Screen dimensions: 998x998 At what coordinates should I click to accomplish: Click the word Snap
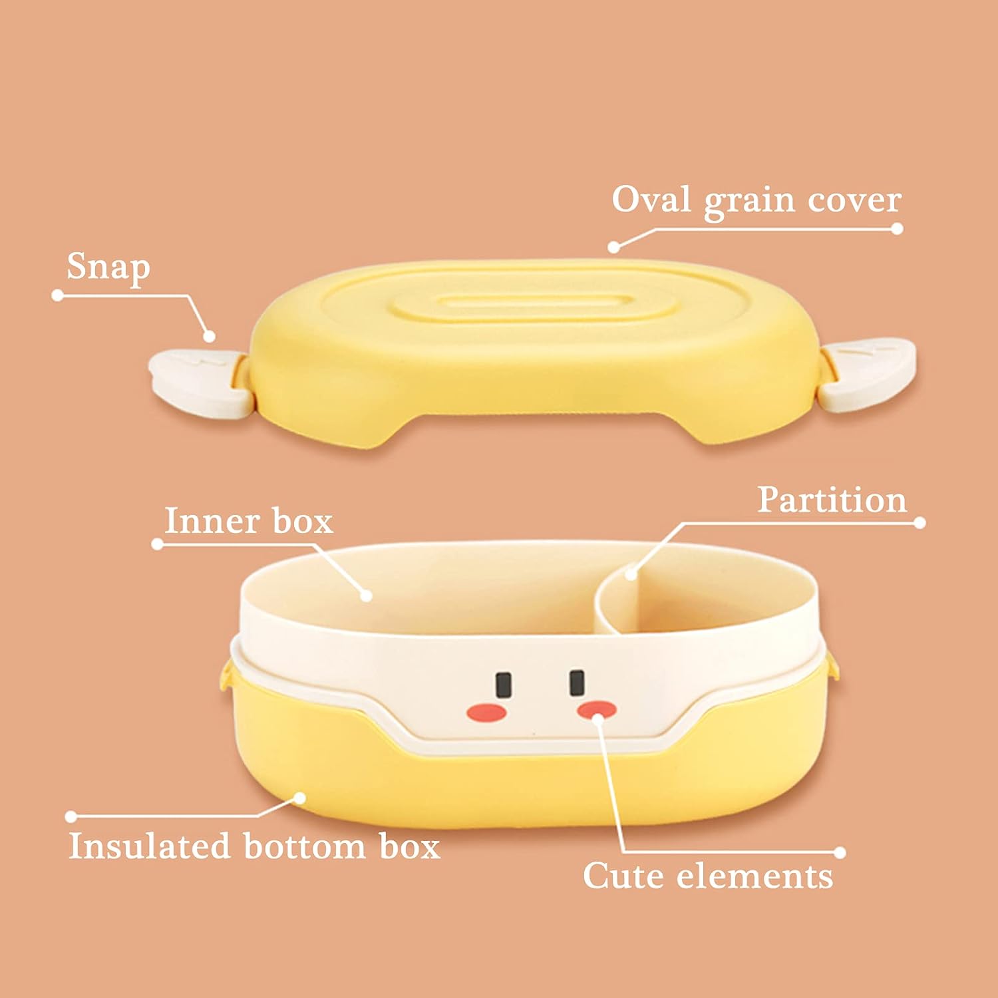click(108, 267)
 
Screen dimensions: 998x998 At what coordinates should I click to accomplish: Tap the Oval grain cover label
click(756, 200)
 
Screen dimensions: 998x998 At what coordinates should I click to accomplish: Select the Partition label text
click(832, 500)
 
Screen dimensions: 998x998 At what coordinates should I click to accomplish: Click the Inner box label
click(248, 520)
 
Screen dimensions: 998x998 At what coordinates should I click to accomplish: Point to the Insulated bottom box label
click(254, 846)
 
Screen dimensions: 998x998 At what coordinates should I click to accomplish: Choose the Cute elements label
click(708, 876)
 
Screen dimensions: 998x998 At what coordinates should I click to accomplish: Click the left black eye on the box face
click(504, 684)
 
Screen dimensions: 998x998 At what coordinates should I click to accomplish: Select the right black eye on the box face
click(577, 683)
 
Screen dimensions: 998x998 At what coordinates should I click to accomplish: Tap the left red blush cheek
click(487, 713)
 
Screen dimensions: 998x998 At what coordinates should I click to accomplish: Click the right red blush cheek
click(596, 709)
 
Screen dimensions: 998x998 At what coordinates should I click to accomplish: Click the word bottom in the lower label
click(304, 846)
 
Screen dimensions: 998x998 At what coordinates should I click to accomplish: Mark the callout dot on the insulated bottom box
click(300, 797)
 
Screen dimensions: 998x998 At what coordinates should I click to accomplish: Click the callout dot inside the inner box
click(365, 595)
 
